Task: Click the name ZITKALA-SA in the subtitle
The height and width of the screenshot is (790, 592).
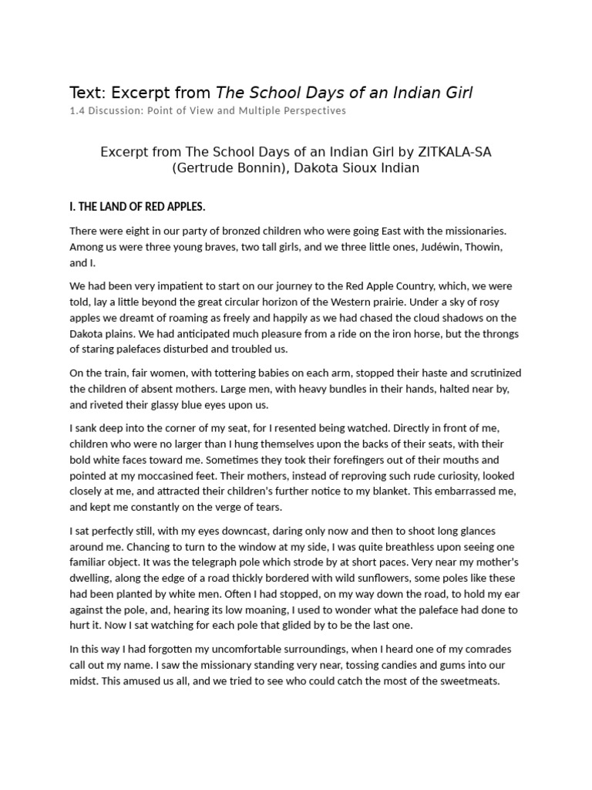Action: (454, 151)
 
